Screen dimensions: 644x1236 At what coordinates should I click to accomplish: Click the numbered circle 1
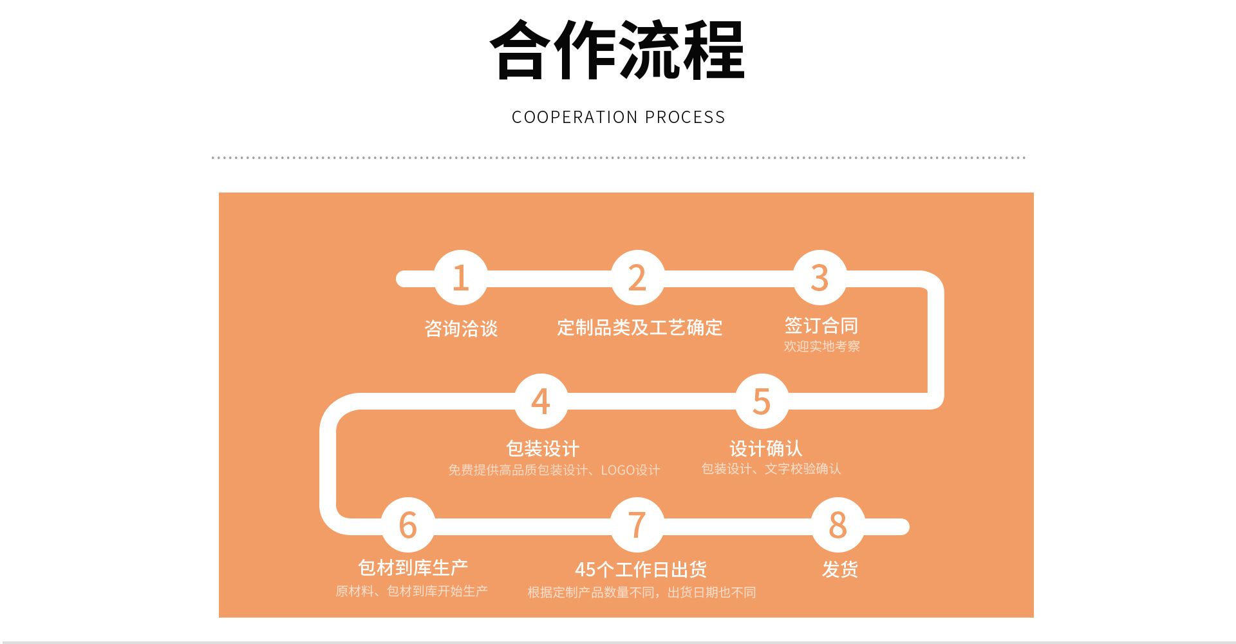coord(460,278)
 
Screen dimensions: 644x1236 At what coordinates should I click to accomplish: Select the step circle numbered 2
coord(637,278)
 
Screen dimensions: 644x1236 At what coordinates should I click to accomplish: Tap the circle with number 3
coord(819,278)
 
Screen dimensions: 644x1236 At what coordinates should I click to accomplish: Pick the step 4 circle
coord(541,401)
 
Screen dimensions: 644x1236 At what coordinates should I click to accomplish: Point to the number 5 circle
coord(762,401)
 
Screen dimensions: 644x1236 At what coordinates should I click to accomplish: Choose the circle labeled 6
coord(408,525)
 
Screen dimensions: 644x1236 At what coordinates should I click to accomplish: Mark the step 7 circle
coord(637,525)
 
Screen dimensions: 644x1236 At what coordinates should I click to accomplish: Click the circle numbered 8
coord(838,525)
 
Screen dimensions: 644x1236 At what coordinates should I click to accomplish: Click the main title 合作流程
coord(617,50)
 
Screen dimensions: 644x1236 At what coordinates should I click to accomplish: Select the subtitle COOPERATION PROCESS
coord(618,117)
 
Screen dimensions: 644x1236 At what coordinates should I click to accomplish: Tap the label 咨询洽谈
coord(461,328)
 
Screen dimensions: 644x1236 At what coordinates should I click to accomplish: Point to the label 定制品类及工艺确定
coord(639,328)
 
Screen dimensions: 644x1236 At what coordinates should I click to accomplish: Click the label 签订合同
coord(821,325)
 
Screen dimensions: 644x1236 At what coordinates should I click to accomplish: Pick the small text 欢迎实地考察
coord(821,346)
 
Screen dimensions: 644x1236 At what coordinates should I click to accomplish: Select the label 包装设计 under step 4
coord(543,448)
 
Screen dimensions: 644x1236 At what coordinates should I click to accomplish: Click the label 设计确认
coord(765,448)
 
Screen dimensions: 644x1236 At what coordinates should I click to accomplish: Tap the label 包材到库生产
coord(413,567)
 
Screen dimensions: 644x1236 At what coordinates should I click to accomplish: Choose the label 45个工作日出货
coord(641,569)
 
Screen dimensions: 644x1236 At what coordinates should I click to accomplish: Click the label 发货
coord(839,569)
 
